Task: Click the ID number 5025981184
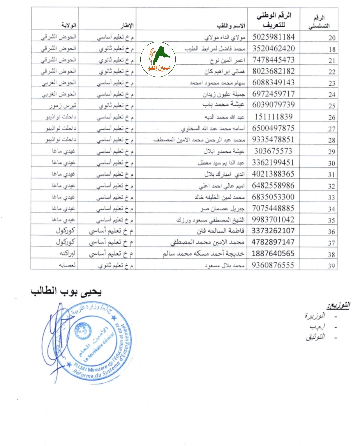pyautogui.click(x=273, y=37)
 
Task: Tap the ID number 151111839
pyautogui.click(x=273, y=117)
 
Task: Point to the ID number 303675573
pyautogui.click(x=273, y=151)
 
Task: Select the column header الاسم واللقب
pyautogui.click(x=231, y=26)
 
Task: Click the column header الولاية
pyautogui.click(x=69, y=25)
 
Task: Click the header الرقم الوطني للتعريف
pyautogui.click(x=274, y=20)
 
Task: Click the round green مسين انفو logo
pyautogui.click(x=158, y=59)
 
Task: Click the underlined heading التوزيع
pyautogui.click(x=338, y=305)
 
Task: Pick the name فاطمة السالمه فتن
pyautogui.click(x=220, y=231)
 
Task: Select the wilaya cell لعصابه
pyautogui.click(x=67, y=265)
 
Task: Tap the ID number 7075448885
pyautogui.click(x=273, y=208)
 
